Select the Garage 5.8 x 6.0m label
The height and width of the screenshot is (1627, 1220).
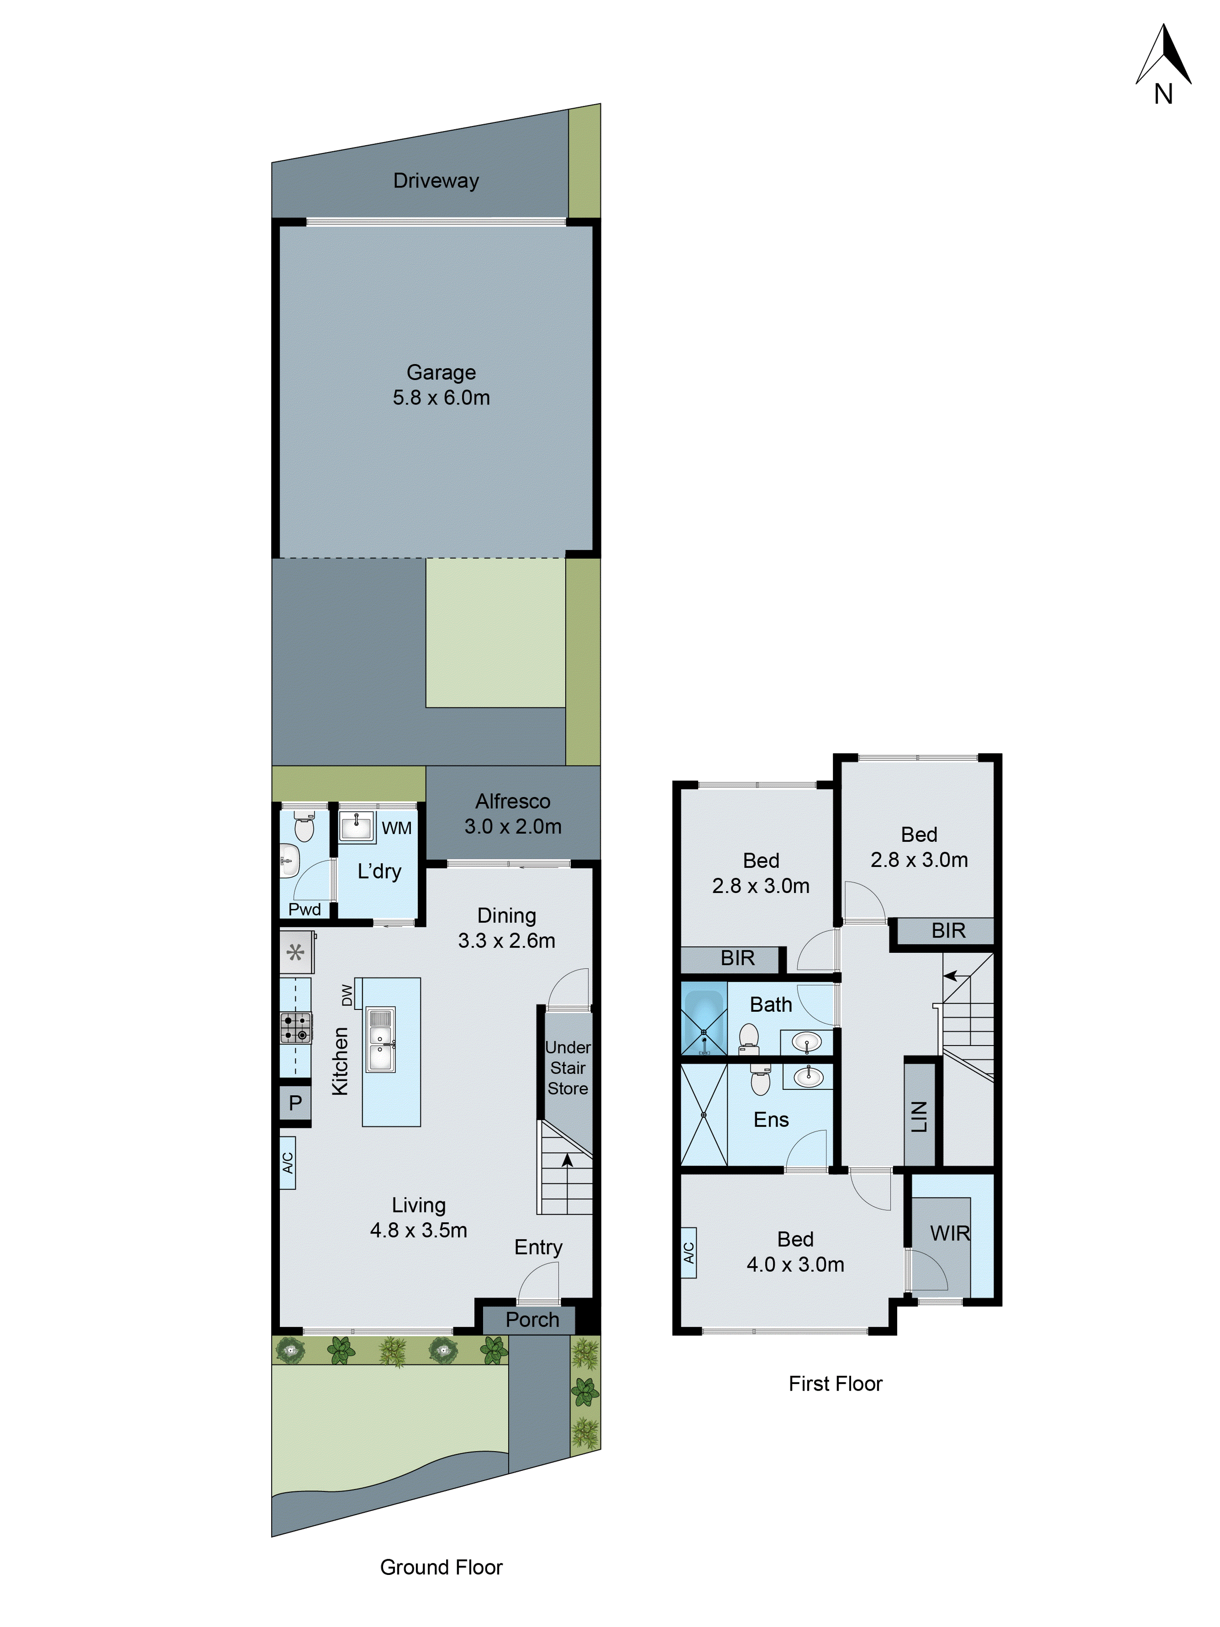441,385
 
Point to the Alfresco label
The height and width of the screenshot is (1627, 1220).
512,801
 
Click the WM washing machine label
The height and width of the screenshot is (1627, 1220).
396,828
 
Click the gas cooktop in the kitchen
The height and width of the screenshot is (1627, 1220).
296,1028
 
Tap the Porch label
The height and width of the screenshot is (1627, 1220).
532,1319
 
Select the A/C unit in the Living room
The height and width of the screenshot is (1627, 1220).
288,1162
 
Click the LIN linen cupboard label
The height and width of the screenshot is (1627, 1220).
919,1116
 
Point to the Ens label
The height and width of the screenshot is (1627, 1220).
771,1120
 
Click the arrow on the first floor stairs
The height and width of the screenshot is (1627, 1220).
952,976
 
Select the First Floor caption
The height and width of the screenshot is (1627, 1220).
834,1384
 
